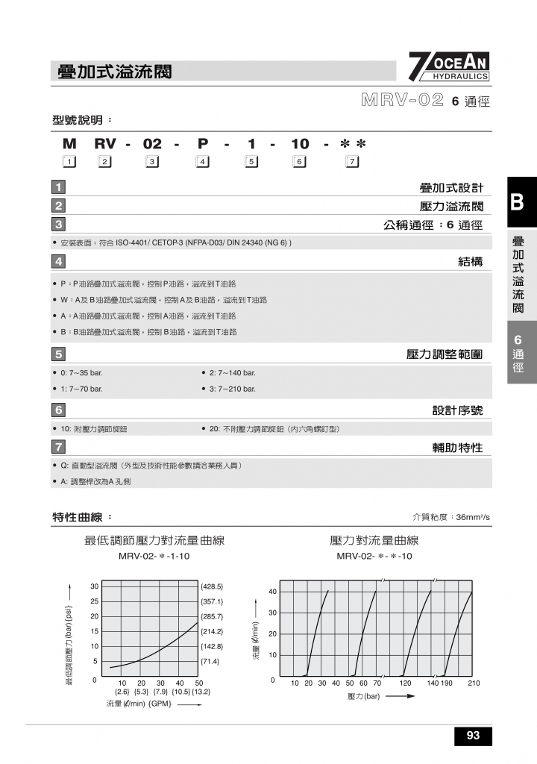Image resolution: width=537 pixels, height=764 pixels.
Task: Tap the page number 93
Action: click(473, 736)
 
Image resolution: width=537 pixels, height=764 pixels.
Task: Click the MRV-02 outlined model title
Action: click(403, 101)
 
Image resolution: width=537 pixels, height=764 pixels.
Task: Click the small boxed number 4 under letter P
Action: click(201, 162)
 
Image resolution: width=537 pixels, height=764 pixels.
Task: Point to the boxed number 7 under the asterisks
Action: click(353, 162)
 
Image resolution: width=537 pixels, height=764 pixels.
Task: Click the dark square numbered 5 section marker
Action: click(59, 354)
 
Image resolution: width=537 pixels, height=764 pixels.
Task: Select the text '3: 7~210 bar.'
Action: click(232, 389)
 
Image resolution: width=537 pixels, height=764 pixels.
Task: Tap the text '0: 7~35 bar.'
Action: click(81, 372)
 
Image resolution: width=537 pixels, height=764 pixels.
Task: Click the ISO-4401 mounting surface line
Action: click(175, 242)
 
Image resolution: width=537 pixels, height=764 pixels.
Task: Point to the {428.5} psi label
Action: click(213, 586)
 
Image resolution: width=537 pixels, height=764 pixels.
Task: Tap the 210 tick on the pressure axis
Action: click(474, 683)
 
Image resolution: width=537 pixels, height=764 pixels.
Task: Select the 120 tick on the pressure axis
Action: click(405, 683)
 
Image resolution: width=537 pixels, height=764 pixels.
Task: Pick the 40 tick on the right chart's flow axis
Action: click(273, 592)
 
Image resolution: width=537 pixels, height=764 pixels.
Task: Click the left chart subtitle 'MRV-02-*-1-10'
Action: click(154, 557)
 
